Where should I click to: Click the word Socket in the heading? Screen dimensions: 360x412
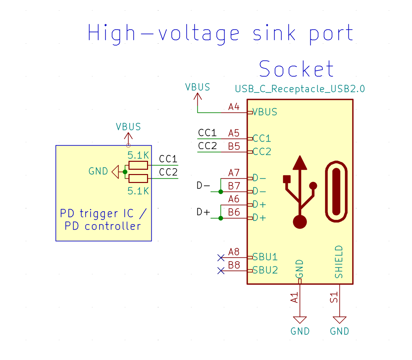[x=296, y=69]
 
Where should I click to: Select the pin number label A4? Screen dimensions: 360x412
[x=233, y=107]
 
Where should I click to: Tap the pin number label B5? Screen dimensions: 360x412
[x=234, y=146]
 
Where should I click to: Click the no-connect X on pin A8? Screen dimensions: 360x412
[x=221, y=257]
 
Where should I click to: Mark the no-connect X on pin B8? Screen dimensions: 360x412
[x=221, y=271]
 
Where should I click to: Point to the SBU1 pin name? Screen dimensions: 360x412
[x=265, y=257]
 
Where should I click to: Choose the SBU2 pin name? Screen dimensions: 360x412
[x=265, y=270]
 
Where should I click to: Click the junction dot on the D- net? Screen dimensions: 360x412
[x=221, y=192]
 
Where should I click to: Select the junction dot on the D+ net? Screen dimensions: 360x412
[x=221, y=218]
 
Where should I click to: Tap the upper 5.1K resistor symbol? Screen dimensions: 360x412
[x=138, y=165]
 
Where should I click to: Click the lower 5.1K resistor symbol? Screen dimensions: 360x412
[x=138, y=179]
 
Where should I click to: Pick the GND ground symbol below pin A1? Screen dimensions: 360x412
[x=300, y=320]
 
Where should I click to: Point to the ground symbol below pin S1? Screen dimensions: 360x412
[x=339, y=320]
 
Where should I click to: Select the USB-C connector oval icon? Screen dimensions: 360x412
[x=336, y=192]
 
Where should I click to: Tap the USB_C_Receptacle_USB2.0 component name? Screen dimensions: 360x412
[x=300, y=89]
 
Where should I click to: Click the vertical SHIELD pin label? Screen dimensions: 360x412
[x=339, y=262]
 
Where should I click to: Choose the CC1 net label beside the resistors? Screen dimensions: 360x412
[x=168, y=159]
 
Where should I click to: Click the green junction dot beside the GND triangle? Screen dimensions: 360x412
[x=125, y=172]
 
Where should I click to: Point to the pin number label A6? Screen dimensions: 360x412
[x=233, y=199]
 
